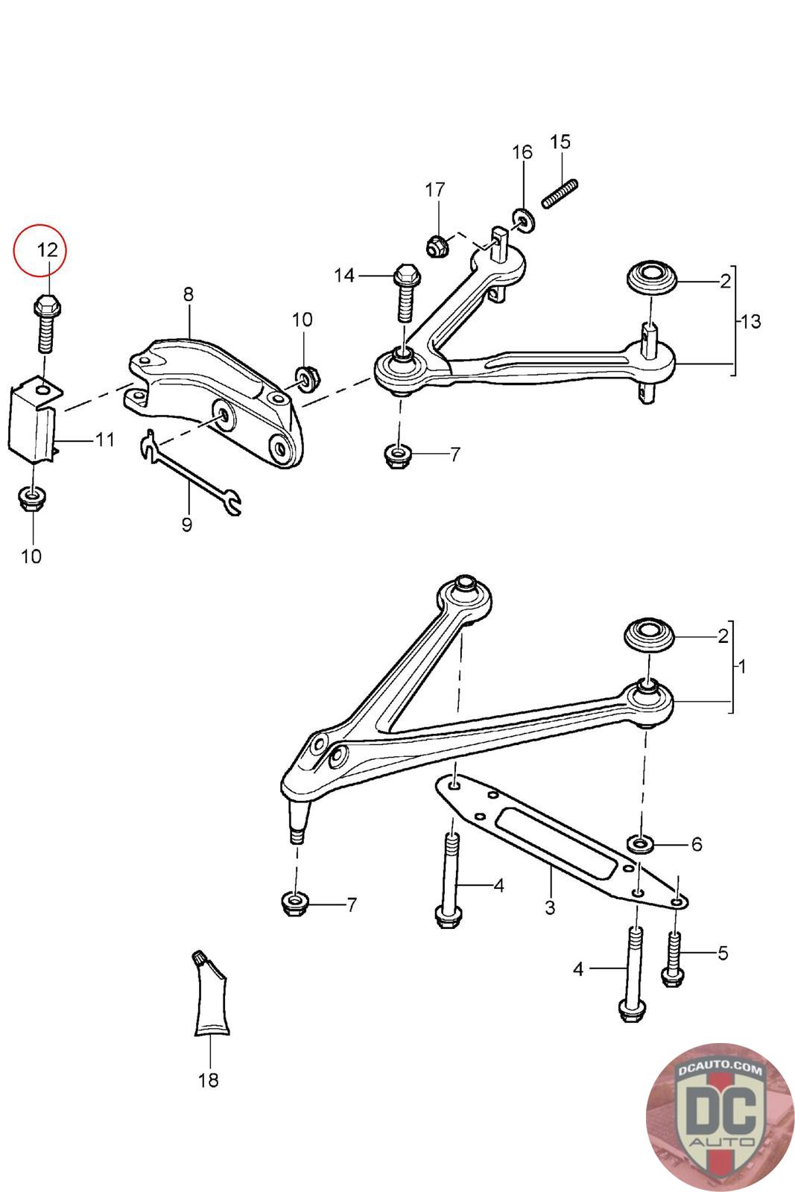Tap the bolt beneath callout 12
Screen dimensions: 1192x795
click(45, 325)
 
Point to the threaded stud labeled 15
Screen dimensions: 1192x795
click(560, 194)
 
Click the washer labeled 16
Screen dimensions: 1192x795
click(523, 221)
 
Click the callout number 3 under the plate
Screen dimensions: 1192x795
click(550, 908)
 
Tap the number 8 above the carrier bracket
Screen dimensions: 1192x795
click(188, 294)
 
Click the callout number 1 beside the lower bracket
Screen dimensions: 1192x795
click(741, 666)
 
